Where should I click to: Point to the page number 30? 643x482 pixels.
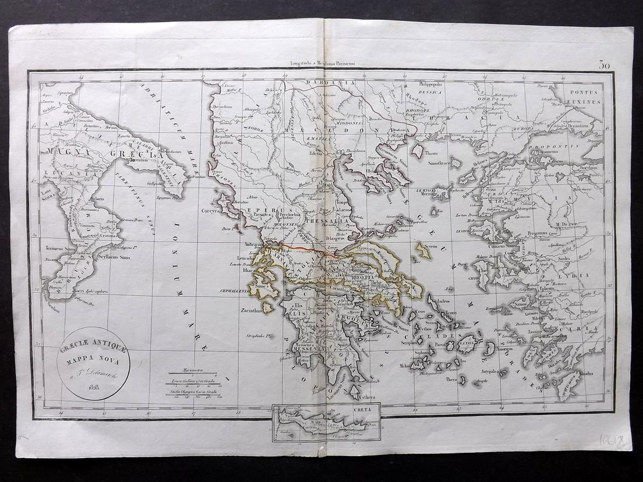point(604,65)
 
